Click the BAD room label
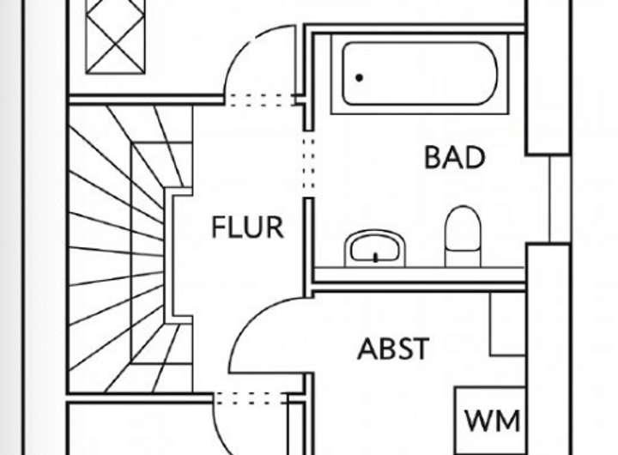pos(454,158)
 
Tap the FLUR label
pos(247,227)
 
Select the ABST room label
pos(393,349)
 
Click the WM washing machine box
pos(492,420)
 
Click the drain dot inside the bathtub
pos(359,78)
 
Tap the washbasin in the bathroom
pos(375,248)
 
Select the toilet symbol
pos(461,235)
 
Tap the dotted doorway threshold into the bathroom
pos(308,163)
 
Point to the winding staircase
pos(120,249)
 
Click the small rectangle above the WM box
pos(506,325)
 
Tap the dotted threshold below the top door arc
pos(259,100)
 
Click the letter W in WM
pos(479,421)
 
